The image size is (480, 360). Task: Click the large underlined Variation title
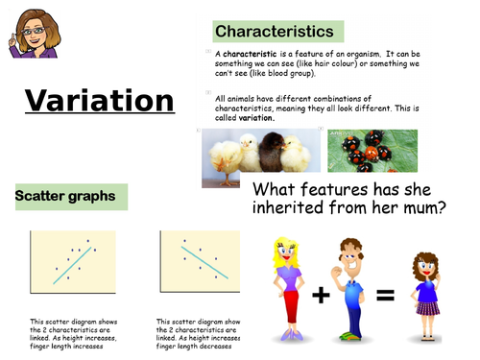click(100, 102)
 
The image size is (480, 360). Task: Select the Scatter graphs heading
click(65, 197)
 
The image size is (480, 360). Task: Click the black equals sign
click(384, 296)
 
